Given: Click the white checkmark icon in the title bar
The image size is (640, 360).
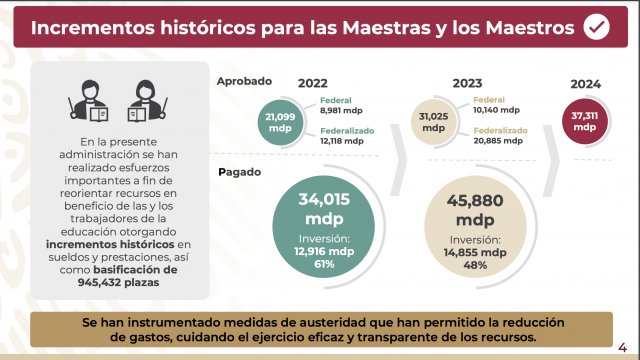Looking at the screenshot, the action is (x=596, y=27).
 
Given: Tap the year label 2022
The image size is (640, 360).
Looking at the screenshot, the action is (x=313, y=83).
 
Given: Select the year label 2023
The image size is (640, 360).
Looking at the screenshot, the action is (x=467, y=83).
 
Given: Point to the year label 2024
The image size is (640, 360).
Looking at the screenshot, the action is (x=585, y=84).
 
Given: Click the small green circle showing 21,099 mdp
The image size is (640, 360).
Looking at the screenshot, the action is (x=280, y=122).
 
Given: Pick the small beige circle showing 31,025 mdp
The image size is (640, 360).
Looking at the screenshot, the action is (x=433, y=122).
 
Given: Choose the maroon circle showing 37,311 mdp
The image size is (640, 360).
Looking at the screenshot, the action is (x=585, y=121).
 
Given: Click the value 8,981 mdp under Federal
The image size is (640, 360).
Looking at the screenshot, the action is (x=341, y=111).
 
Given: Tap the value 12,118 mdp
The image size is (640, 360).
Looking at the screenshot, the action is (x=342, y=141).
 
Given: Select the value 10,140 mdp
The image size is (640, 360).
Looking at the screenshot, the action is (x=496, y=110).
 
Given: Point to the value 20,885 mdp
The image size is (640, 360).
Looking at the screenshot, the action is (x=498, y=141).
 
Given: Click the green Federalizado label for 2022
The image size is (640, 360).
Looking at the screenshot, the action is (x=347, y=131).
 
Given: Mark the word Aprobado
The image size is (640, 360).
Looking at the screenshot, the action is (x=244, y=81).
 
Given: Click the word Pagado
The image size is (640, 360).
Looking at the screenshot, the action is (x=240, y=172).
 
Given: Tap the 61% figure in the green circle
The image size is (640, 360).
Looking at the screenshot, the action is (x=324, y=264).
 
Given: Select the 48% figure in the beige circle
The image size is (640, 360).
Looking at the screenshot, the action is (x=475, y=265).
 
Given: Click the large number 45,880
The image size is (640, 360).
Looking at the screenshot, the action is (x=475, y=201).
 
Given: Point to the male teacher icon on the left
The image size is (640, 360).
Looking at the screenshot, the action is (x=89, y=100).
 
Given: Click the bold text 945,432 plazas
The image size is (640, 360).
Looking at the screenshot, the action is (x=118, y=282).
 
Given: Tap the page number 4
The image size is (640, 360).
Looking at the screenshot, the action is (x=622, y=348).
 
